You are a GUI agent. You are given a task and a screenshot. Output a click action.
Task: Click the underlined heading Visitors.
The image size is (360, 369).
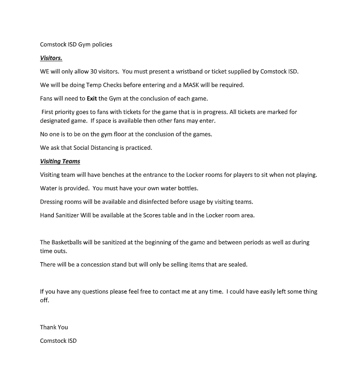(x=51, y=58)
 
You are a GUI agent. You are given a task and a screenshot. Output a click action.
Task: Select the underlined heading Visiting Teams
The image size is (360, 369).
(x=60, y=161)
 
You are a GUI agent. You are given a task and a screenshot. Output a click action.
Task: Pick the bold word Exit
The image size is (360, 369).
(x=92, y=98)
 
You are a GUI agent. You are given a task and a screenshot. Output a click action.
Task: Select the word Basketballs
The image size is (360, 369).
(x=69, y=242)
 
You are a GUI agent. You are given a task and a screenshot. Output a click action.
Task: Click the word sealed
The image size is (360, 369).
(x=237, y=265)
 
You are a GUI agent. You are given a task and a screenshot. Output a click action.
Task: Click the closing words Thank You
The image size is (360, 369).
(x=54, y=327)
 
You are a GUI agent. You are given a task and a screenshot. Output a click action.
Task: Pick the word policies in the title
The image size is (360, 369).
(x=102, y=45)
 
